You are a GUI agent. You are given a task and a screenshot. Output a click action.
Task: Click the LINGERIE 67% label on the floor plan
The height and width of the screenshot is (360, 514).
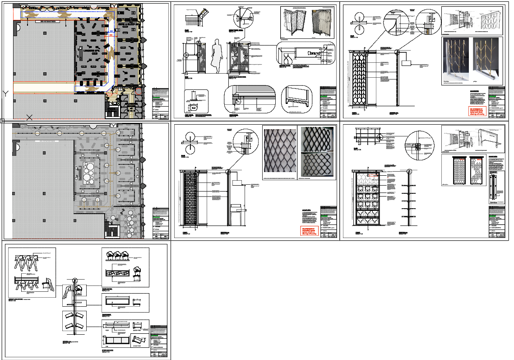coord(92,51)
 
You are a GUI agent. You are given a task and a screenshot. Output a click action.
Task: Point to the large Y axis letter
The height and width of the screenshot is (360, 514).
coord(5,94)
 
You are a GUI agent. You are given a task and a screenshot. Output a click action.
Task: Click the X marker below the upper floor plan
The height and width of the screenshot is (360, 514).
coord(29,117)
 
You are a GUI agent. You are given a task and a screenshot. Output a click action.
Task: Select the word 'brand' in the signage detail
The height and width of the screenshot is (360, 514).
coord(314,53)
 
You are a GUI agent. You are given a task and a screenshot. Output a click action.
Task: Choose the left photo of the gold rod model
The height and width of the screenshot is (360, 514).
coord(456,61)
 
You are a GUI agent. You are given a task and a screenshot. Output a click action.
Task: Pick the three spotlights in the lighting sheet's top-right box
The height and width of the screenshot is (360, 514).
coord(119,256)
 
